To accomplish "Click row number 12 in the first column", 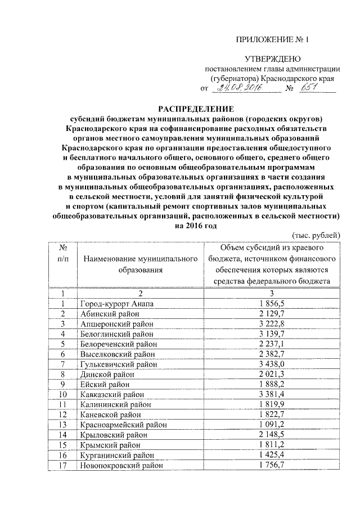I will coord(64,415).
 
